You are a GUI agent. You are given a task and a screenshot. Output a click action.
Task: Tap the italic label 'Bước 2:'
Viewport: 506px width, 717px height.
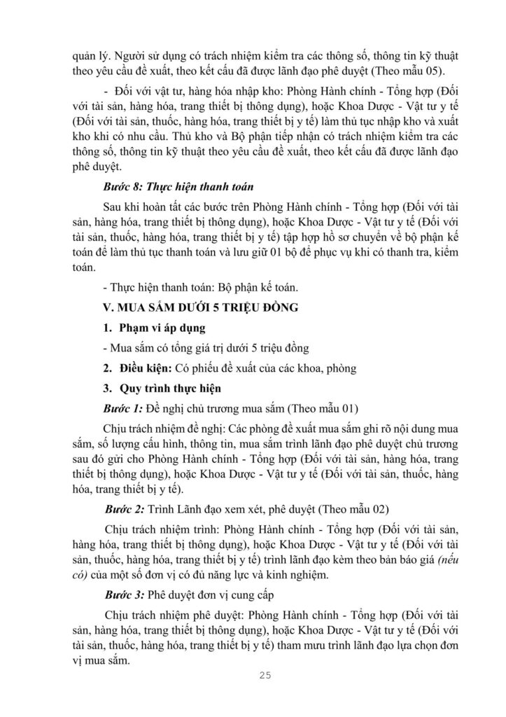pos(123,508)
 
